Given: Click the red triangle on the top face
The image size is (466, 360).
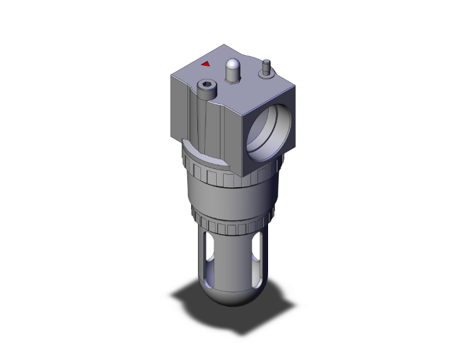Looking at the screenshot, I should [205, 63].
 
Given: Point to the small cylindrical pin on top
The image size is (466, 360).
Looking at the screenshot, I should [266, 63].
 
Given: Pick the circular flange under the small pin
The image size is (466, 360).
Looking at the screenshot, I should [266, 72].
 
